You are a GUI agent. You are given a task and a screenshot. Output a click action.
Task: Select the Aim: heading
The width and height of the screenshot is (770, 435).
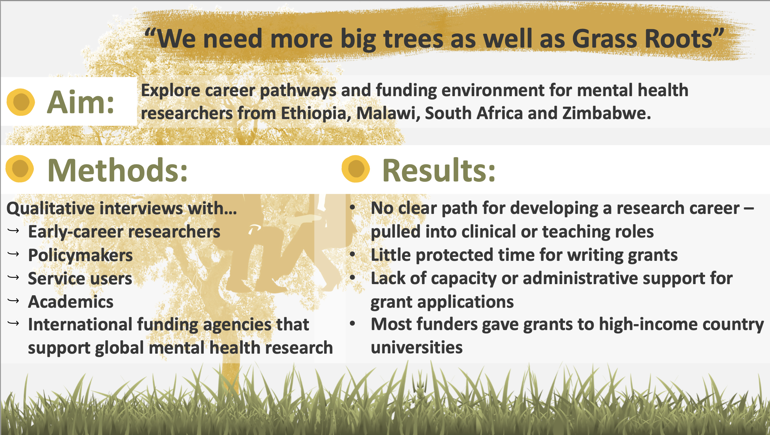click(81, 102)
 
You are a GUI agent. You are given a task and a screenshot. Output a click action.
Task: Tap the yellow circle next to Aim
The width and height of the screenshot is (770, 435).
click(21, 102)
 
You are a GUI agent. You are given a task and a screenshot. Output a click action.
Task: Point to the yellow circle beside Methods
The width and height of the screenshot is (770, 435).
click(20, 169)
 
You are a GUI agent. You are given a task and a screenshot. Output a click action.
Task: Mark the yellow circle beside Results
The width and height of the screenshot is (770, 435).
click(356, 169)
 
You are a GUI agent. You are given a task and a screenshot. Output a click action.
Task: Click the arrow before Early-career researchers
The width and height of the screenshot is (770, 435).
click(13, 231)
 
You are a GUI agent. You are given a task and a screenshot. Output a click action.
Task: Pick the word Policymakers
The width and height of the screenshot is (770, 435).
click(80, 256)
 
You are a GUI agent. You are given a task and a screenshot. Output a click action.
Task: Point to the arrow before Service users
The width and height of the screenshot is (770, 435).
click(13, 278)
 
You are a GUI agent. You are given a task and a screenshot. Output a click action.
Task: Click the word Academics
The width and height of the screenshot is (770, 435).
click(71, 302)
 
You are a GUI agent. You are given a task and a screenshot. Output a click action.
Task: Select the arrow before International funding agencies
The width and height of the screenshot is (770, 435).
click(13, 323)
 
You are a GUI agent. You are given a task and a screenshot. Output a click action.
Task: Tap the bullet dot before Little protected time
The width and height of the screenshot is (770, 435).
click(353, 254)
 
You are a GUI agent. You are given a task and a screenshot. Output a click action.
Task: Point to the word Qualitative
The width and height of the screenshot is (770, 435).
click(51, 209)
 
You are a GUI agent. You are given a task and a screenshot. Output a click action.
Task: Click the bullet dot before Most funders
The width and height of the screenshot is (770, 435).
click(353, 324)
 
